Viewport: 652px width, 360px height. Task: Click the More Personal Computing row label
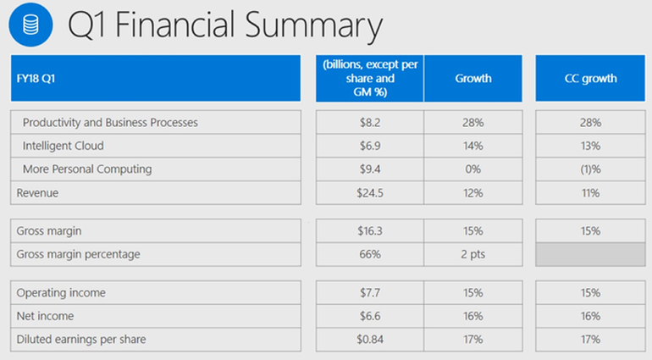point(87,169)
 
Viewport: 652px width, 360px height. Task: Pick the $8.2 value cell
point(371,123)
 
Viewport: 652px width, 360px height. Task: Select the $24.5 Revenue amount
point(371,193)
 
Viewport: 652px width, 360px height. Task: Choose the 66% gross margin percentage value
point(371,254)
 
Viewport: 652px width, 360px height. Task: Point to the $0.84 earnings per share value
point(371,340)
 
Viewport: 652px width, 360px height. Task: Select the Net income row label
point(45,316)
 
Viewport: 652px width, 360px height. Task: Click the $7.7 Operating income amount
point(371,293)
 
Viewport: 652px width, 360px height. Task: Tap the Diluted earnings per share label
point(81,340)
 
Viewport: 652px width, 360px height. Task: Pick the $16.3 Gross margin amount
point(371,230)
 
